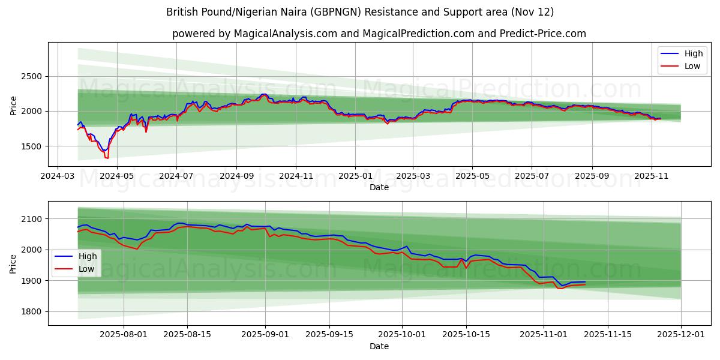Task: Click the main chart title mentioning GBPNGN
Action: [359, 12]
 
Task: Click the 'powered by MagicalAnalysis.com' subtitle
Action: [379, 34]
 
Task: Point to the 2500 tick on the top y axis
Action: [33, 76]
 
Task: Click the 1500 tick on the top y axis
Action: [33, 146]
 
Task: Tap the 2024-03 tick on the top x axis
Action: [57, 176]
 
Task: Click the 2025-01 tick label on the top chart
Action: [355, 176]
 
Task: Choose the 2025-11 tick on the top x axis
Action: [651, 176]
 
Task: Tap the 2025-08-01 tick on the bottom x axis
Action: [124, 335]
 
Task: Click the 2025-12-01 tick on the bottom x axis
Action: [681, 335]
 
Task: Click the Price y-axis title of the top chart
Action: [14, 105]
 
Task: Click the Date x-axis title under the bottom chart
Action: [379, 346]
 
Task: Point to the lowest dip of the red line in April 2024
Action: [107, 158]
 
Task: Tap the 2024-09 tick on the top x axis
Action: [236, 176]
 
